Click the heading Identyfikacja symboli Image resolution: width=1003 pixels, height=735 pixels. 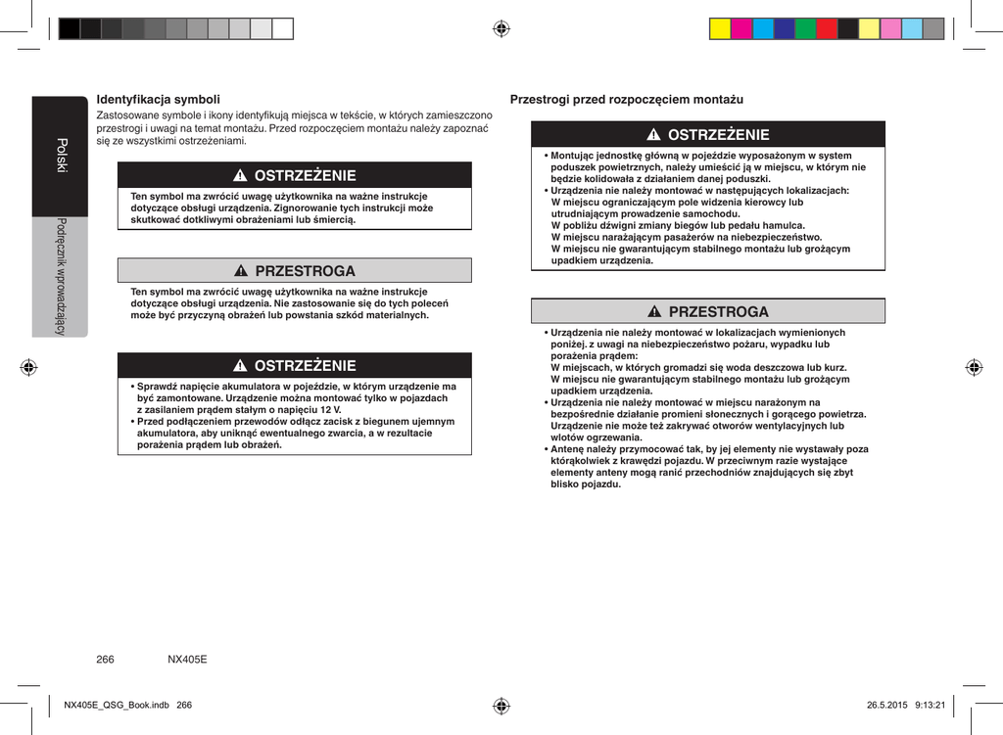click(158, 100)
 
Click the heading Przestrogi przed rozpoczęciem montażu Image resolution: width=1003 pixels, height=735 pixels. click(627, 100)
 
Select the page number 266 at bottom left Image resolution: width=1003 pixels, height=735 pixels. click(105, 660)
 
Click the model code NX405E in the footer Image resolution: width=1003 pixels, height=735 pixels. click(187, 660)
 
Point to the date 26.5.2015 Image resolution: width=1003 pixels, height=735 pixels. click(887, 705)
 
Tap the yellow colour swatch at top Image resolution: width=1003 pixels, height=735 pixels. click(720, 28)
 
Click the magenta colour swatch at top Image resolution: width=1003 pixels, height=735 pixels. click(741, 28)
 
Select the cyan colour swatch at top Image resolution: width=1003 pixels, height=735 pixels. click(763, 28)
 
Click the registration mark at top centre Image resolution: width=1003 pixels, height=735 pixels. click(501, 28)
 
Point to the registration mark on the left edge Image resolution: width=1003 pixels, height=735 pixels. click(29, 368)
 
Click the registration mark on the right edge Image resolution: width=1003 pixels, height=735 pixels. click(974, 368)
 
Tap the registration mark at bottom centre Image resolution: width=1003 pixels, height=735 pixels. click(501, 705)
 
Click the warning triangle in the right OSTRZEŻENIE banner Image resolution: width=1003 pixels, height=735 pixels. click(652, 135)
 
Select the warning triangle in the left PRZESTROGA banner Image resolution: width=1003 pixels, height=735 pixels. click(239, 271)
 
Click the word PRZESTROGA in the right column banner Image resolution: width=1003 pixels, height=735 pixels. click(718, 312)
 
